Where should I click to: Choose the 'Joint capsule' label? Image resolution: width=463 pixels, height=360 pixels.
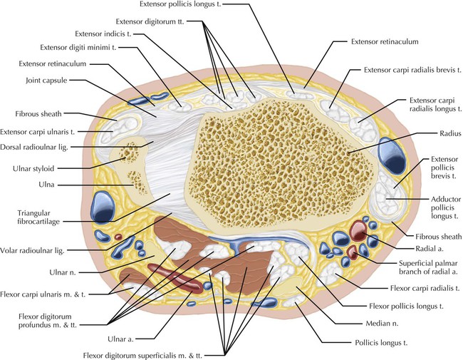[x=47, y=81]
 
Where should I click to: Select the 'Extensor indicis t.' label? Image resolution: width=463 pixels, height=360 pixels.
[x=105, y=34]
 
